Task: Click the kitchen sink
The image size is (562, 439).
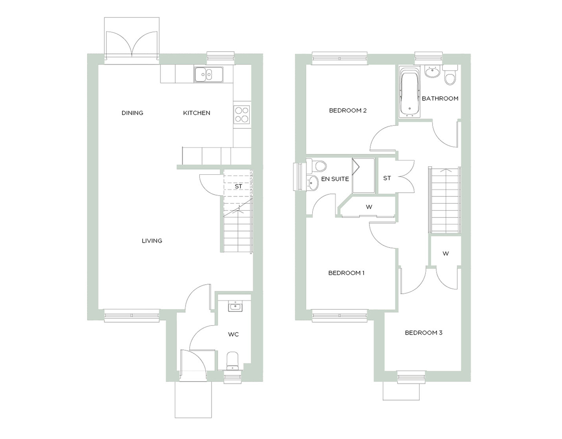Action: point(208,74)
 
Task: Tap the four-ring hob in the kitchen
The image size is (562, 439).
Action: point(242,114)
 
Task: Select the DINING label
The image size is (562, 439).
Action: point(132,113)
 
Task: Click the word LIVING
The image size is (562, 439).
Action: point(152,241)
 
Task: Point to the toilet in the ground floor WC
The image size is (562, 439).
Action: point(232,361)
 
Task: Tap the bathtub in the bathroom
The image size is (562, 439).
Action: point(409,92)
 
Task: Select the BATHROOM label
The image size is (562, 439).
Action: point(440,98)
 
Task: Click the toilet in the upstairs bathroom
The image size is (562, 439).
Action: point(450,75)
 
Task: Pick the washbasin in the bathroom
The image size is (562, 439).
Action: point(432,72)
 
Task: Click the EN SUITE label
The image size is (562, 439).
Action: point(335,179)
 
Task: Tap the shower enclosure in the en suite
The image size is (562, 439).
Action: point(363,176)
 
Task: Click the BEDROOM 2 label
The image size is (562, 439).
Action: point(348,111)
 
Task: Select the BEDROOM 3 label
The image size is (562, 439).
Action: point(424,333)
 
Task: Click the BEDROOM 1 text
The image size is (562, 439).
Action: point(346,273)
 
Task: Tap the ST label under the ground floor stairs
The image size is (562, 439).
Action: point(238,186)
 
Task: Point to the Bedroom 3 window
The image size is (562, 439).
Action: point(411,377)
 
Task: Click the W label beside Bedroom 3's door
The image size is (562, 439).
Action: point(445,254)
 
